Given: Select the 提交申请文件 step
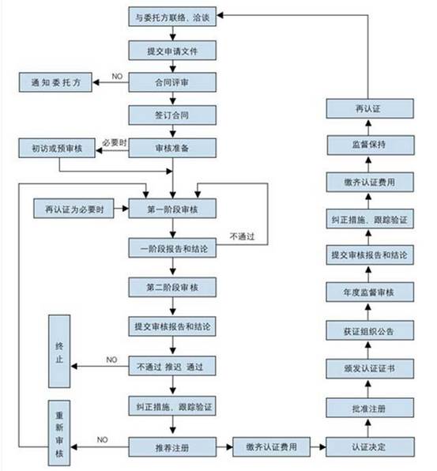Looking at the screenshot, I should (x=171, y=49).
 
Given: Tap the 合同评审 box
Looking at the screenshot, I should (x=171, y=81).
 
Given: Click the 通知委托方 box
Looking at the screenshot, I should (x=56, y=81).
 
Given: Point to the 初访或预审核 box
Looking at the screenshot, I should (x=56, y=148).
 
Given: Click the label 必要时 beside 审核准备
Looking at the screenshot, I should (x=115, y=141).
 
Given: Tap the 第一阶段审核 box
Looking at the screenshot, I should (x=171, y=209).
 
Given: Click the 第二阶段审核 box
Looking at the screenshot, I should (x=171, y=286).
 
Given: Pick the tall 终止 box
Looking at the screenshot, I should (x=61, y=351).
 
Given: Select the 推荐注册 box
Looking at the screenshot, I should (x=171, y=447).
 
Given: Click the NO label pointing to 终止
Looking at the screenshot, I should (x=111, y=360).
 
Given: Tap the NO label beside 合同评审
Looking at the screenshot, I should (x=117, y=75).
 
